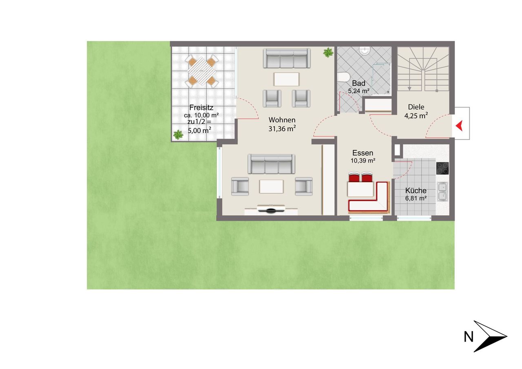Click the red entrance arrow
tap(460, 126)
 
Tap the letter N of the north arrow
tap(469, 337)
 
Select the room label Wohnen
tap(282, 120)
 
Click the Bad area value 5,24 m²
tap(358, 91)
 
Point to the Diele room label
tap(416, 107)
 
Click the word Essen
tap(363, 153)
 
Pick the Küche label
tap(416, 190)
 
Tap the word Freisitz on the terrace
tap(201, 108)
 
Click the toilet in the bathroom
tap(343, 77)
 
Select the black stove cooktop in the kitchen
tap(442, 168)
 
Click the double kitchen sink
tap(442, 192)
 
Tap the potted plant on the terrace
tap(178, 135)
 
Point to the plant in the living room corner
tap(328, 53)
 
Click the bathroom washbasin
tap(365, 51)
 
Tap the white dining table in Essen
tap(360, 189)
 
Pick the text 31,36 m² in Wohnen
tap(282, 128)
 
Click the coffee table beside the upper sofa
tap(286, 79)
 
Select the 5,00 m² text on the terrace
tap(199, 130)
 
